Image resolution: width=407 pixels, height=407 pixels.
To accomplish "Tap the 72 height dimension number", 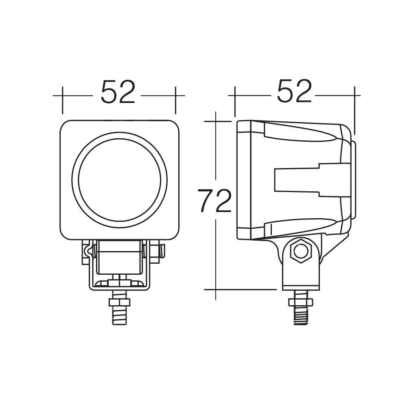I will click(x=215, y=201).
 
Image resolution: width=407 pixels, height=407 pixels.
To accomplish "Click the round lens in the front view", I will click(x=119, y=179).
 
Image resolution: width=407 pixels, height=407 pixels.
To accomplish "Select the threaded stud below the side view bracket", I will click(x=300, y=315).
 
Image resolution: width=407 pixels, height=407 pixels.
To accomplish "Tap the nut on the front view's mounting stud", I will click(x=119, y=302).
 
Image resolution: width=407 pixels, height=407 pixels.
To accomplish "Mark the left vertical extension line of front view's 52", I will click(x=62, y=100).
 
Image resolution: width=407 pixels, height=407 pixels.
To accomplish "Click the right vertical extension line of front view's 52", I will click(x=175, y=100).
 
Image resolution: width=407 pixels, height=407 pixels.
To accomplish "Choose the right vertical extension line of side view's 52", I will click(x=354, y=110).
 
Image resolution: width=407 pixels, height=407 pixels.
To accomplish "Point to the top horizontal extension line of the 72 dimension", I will click(x=218, y=121).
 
